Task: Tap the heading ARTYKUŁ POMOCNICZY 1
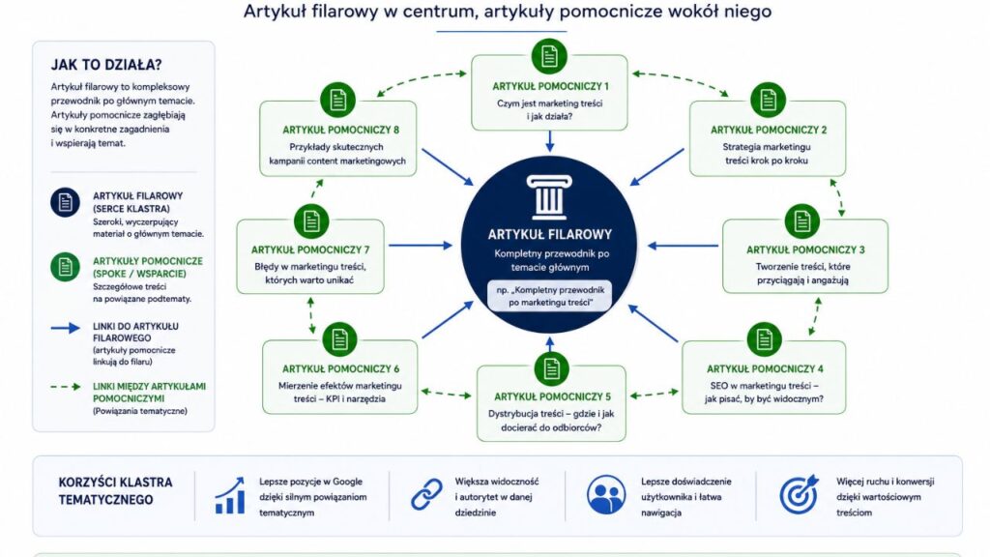click(550, 86)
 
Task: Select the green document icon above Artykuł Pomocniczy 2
click(768, 100)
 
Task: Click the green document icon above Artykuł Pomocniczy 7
click(311, 221)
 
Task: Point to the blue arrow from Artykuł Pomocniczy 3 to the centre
click(684, 246)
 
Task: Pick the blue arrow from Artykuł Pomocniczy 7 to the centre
click(421, 245)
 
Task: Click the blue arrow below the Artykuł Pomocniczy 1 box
click(550, 141)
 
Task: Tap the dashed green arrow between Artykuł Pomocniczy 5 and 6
click(447, 394)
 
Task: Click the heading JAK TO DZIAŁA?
click(106, 65)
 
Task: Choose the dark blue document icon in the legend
click(65, 202)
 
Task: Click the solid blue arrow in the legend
click(66, 328)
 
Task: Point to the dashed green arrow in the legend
click(66, 387)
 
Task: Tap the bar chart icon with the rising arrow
click(230, 496)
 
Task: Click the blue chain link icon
click(426, 494)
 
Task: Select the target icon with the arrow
click(799, 494)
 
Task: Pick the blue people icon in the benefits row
click(606, 494)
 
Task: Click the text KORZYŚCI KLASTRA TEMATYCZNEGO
click(116, 490)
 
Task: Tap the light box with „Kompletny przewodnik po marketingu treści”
click(550, 296)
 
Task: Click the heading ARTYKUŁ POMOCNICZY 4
click(765, 368)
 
